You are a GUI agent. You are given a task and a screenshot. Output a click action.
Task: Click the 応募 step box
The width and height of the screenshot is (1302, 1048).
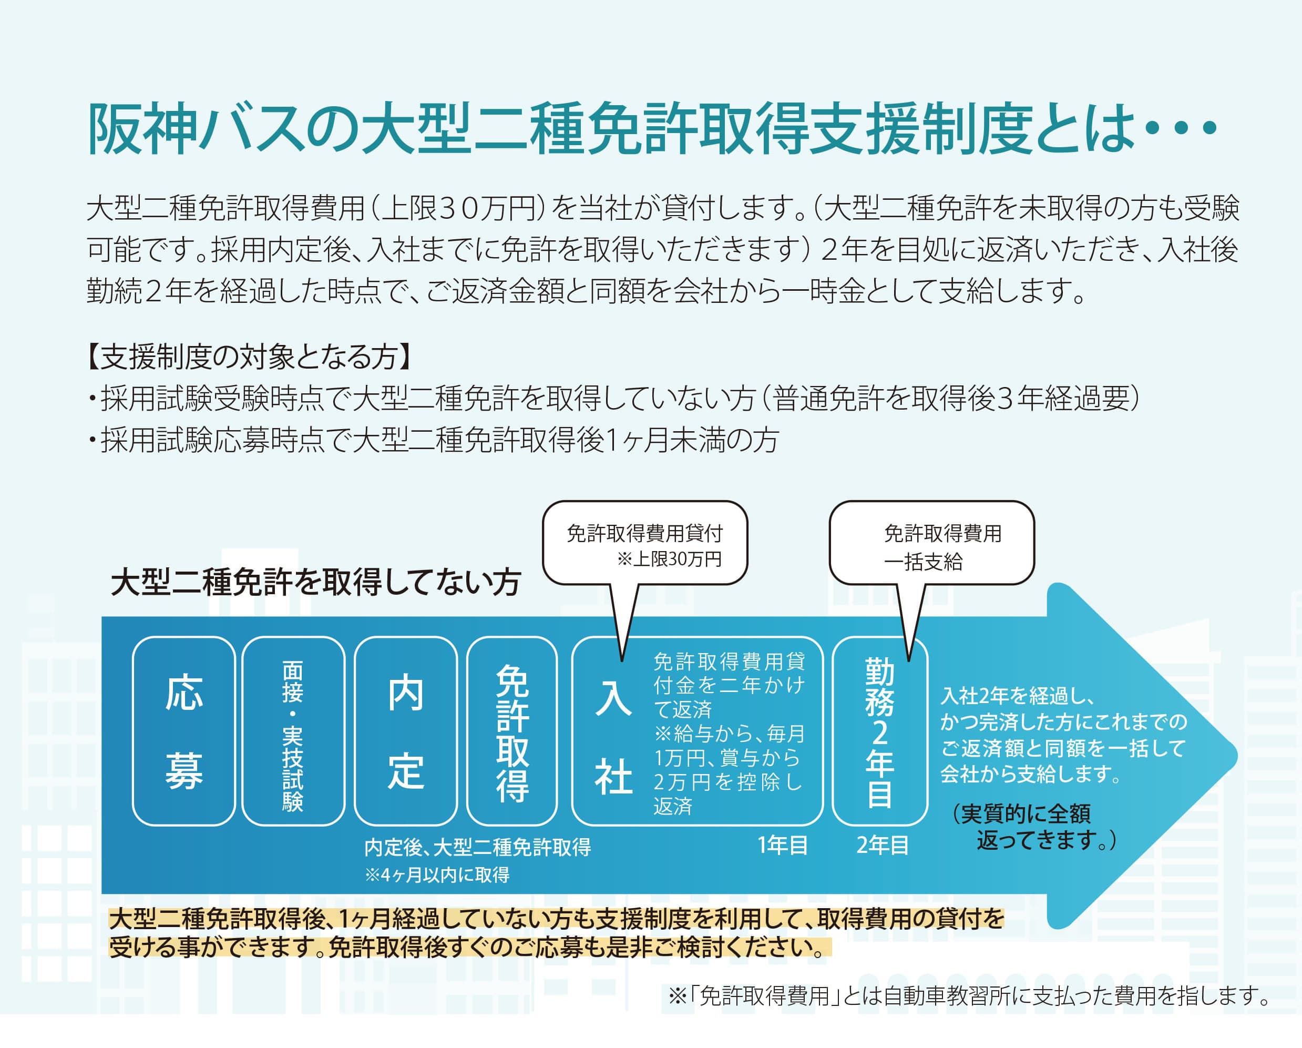point(183,731)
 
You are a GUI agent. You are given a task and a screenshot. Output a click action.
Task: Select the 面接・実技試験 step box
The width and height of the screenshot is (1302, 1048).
point(293,731)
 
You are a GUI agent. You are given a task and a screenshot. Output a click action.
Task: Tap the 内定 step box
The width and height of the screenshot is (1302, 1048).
point(405,731)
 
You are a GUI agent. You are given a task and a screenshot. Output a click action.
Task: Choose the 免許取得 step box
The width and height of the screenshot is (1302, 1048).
point(512,731)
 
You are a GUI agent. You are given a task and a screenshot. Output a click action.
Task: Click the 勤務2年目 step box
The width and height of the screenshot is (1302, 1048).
point(880,731)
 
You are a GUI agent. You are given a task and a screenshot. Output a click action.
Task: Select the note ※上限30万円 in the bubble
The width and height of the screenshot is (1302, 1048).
point(669,559)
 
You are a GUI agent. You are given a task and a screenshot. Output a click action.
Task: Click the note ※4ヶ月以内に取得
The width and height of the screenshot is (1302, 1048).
point(437,874)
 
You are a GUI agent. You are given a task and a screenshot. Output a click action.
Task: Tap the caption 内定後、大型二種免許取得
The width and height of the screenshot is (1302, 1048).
point(478,848)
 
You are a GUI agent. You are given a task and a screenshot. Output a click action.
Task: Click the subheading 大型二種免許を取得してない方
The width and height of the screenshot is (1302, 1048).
point(315,584)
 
